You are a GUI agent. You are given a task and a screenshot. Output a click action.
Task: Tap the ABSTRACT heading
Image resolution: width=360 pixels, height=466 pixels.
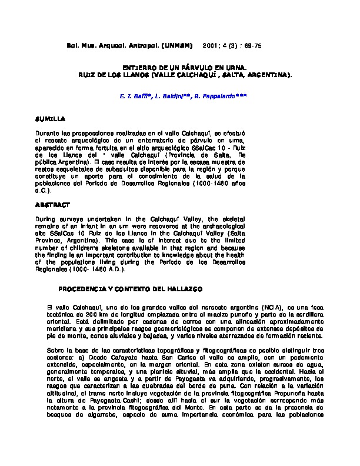click(52, 205)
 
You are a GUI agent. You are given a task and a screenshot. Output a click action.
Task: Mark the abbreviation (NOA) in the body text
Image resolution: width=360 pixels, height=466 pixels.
click(259, 308)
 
